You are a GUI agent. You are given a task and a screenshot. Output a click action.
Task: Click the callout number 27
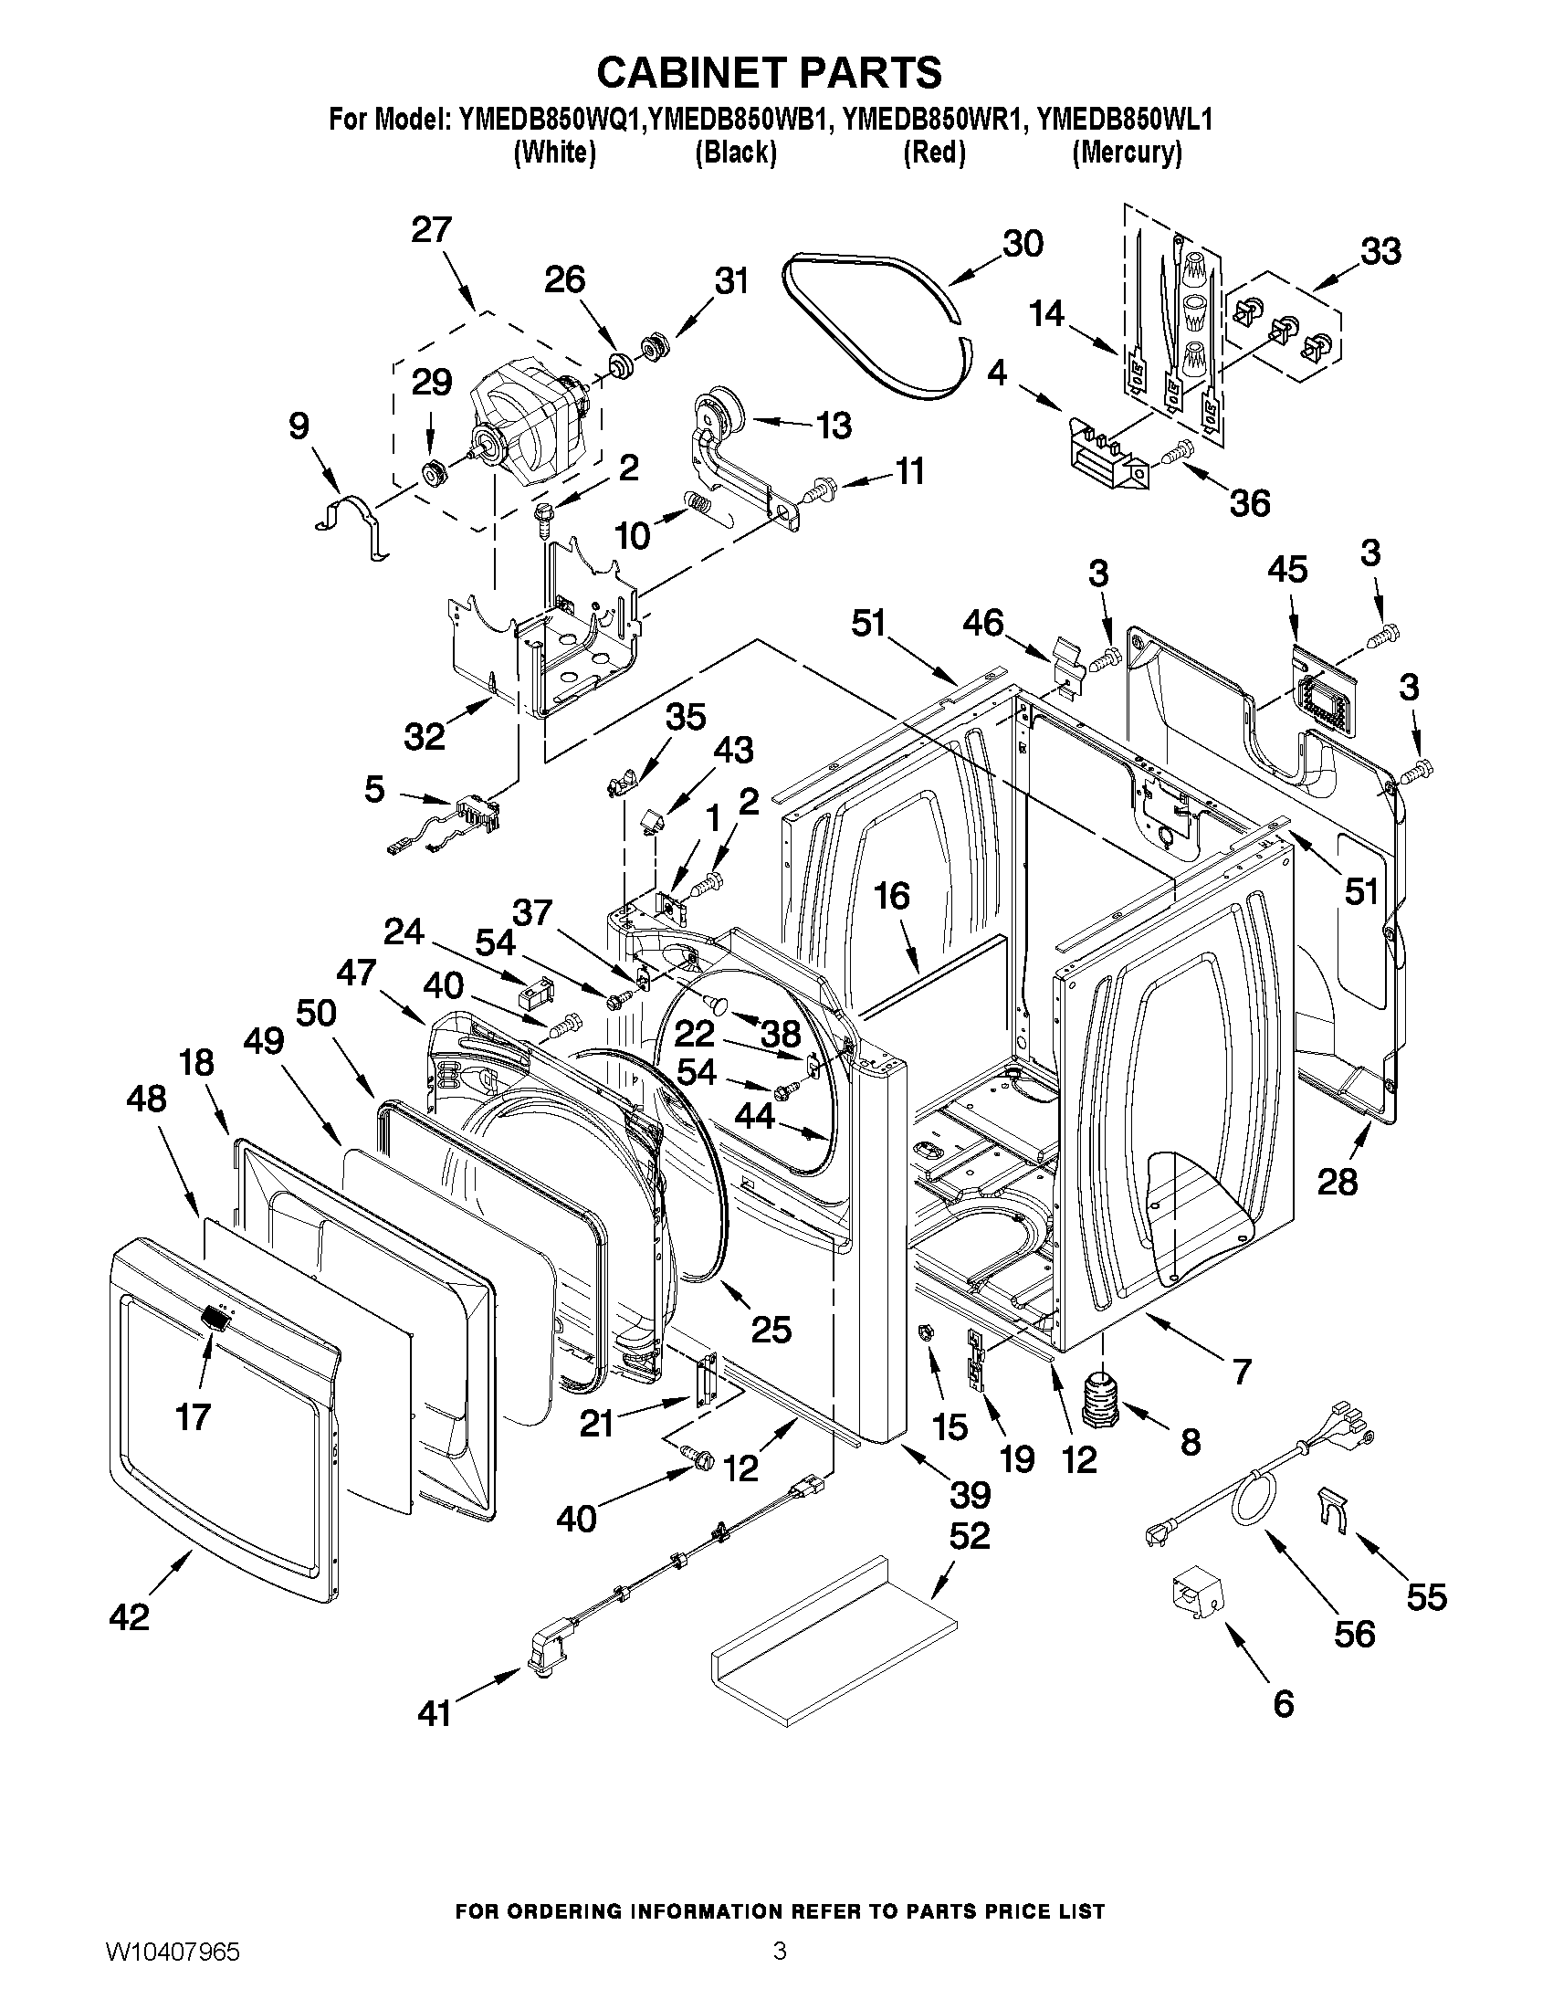point(432,229)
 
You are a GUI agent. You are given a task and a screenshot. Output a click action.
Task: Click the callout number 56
point(1354,1633)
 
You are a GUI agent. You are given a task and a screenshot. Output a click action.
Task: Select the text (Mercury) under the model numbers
point(1127,153)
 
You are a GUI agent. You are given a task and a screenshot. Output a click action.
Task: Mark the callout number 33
point(1380,250)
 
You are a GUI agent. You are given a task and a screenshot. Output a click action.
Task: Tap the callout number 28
point(1337,1181)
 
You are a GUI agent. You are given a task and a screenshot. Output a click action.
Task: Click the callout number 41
point(435,1712)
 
